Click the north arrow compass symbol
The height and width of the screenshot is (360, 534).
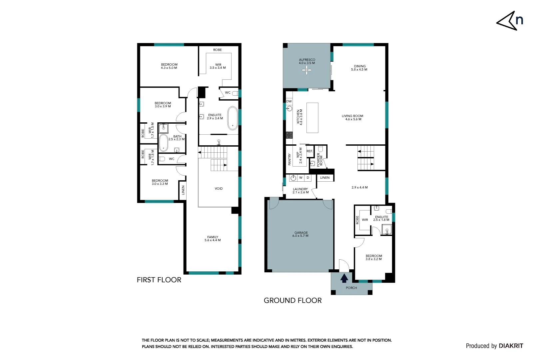pyautogui.click(x=509, y=21)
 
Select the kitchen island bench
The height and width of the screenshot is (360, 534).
pyautogui.click(x=312, y=118)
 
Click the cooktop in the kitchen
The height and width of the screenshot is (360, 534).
pyautogui.click(x=289, y=135)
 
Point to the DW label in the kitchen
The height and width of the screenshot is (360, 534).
pyautogui.click(x=289, y=101)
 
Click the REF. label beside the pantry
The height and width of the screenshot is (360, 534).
pyautogui.click(x=309, y=151)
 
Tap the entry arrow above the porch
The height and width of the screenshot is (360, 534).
pyautogui.click(x=344, y=278)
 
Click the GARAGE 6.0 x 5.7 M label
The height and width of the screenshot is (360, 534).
pyautogui.click(x=301, y=234)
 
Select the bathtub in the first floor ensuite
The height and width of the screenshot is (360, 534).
pyautogui.click(x=233, y=118)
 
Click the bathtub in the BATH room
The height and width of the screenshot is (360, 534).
pyautogui.click(x=163, y=143)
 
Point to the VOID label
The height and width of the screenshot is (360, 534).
pyautogui.click(x=219, y=189)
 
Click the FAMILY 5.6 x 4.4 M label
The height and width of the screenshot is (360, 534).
pyautogui.click(x=213, y=239)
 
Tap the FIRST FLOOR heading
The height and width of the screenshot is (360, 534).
pyautogui.click(x=159, y=280)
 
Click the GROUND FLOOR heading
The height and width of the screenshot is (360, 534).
pyautogui.click(x=292, y=301)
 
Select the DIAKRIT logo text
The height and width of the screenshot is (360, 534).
pyautogui.click(x=511, y=346)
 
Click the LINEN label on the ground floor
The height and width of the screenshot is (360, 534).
pyautogui.click(x=325, y=178)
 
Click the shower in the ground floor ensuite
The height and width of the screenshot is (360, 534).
pyautogui.click(x=386, y=230)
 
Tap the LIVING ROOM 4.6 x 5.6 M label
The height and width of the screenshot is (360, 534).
pyautogui.click(x=352, y=118)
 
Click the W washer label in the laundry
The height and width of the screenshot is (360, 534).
pyautogui.click(x=301, y=178)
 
